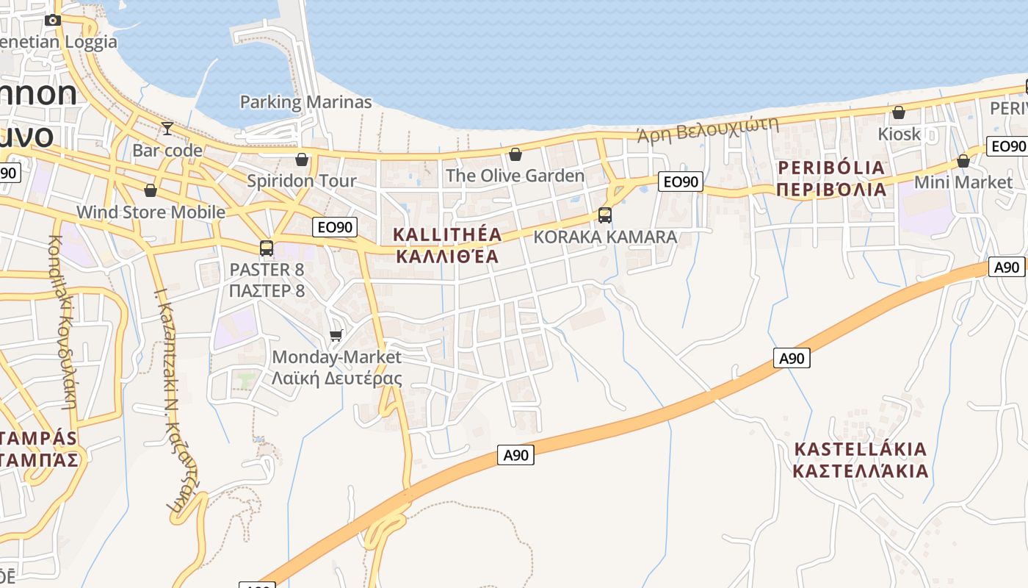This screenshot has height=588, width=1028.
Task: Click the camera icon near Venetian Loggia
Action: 53,21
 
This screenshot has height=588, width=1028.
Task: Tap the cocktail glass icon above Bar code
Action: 167,129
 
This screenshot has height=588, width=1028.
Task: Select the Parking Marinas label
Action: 305,102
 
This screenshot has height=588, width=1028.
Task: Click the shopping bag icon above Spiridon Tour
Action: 302,159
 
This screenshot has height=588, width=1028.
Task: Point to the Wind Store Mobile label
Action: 151,212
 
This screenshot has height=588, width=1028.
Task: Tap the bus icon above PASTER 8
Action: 267,248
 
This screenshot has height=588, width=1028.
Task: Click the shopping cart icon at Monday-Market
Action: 336,335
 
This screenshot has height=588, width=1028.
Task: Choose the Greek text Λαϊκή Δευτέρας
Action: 337,379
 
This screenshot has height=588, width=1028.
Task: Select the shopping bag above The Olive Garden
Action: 515,154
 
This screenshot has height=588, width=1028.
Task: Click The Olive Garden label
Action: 515,176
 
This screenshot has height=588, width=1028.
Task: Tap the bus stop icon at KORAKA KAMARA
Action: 605,215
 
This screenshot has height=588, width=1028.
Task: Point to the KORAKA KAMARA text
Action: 605,237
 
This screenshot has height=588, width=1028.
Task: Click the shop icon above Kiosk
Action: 898,112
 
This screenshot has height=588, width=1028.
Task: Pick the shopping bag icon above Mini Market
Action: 963,161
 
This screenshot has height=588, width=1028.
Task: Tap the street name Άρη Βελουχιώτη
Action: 707,129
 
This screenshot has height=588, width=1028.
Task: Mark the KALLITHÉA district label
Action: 448,235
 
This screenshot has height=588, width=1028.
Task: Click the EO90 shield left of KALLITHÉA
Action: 336,227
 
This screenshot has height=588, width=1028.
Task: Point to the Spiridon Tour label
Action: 301,181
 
